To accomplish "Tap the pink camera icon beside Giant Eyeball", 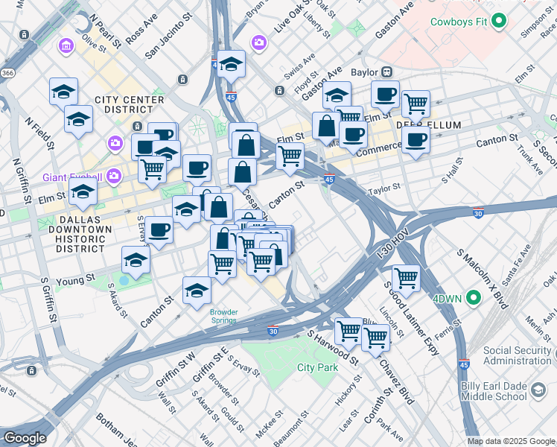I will point(114,177).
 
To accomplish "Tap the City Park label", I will point(317,367).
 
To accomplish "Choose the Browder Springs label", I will point(223,316).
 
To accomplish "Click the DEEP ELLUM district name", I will point(429,125).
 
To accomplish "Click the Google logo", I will point(24,437).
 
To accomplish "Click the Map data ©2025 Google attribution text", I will point(511,441).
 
